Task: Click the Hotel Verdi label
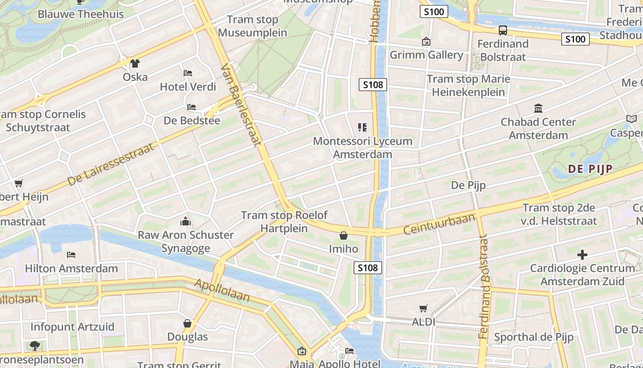click(x=188, y=86)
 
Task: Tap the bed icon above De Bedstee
click(x=192, y=107)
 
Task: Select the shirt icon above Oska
click(x=135, y=63)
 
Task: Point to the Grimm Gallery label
click(x=426, y=55)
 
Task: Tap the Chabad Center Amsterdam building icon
click(x=538, y=109)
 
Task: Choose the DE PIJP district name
click(x=590, y=169)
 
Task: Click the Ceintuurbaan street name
click(x=439, y=224)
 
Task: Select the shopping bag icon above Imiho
click(x=343, y=236)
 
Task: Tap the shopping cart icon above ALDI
click(x=423, y=309)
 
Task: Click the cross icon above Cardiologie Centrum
click(x=582, y=254)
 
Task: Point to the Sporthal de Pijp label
click(x=534, y=337)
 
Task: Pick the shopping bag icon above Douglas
click(x=187, y=323)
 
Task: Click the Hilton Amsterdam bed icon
click(x=71, y=255)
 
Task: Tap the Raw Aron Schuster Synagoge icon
click(x=186, y=222)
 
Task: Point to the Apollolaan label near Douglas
click(x=222, y=290)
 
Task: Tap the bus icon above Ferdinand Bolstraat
click(x=503, y=30)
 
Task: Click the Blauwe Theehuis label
click(x=80, y=14)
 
